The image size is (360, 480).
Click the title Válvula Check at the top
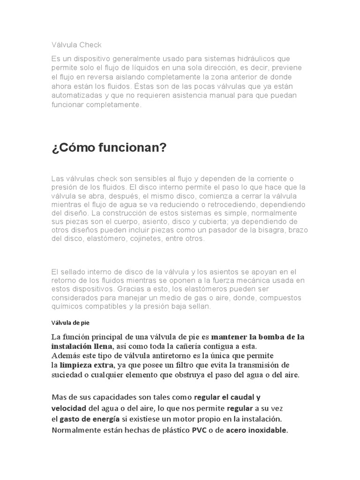[x=76, y=45]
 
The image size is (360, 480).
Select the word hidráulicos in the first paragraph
[x=254, y=59]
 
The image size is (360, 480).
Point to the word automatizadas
[x=75, y=95]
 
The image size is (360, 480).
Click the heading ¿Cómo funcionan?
[x=109, y=148]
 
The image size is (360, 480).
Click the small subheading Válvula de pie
[x=70, y=322]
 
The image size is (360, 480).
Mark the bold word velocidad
[x=68, y=408]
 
